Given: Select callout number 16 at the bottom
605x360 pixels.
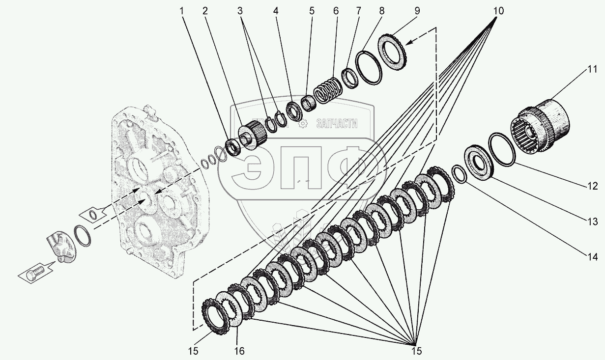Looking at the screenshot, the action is (x=239, y=351).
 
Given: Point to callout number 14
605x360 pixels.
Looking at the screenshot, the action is (x=592, y=256).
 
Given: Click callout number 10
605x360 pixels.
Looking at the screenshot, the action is (x=498, y=10).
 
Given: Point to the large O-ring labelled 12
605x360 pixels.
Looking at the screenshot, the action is (x=501, y=148).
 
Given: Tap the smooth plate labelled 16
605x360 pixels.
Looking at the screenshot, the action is (x=230, y=309).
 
